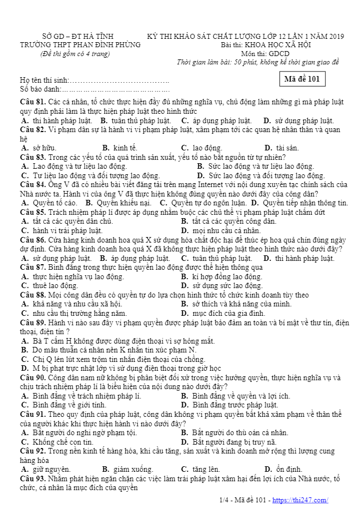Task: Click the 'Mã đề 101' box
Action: [302, 79]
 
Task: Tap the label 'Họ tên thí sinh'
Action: [44, 80]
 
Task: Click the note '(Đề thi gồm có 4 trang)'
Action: [75, 53]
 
